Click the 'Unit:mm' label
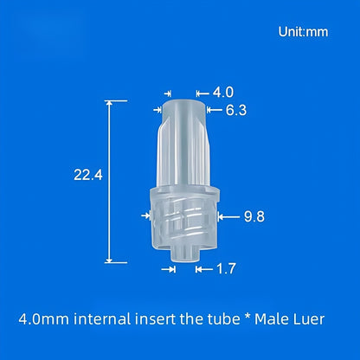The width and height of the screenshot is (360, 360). [x=303, y=31]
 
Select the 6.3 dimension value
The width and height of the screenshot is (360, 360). [x=236, y=110]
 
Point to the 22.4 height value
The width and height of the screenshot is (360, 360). [x=87, y=175]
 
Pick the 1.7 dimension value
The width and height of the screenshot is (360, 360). [x=226, y=269]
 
